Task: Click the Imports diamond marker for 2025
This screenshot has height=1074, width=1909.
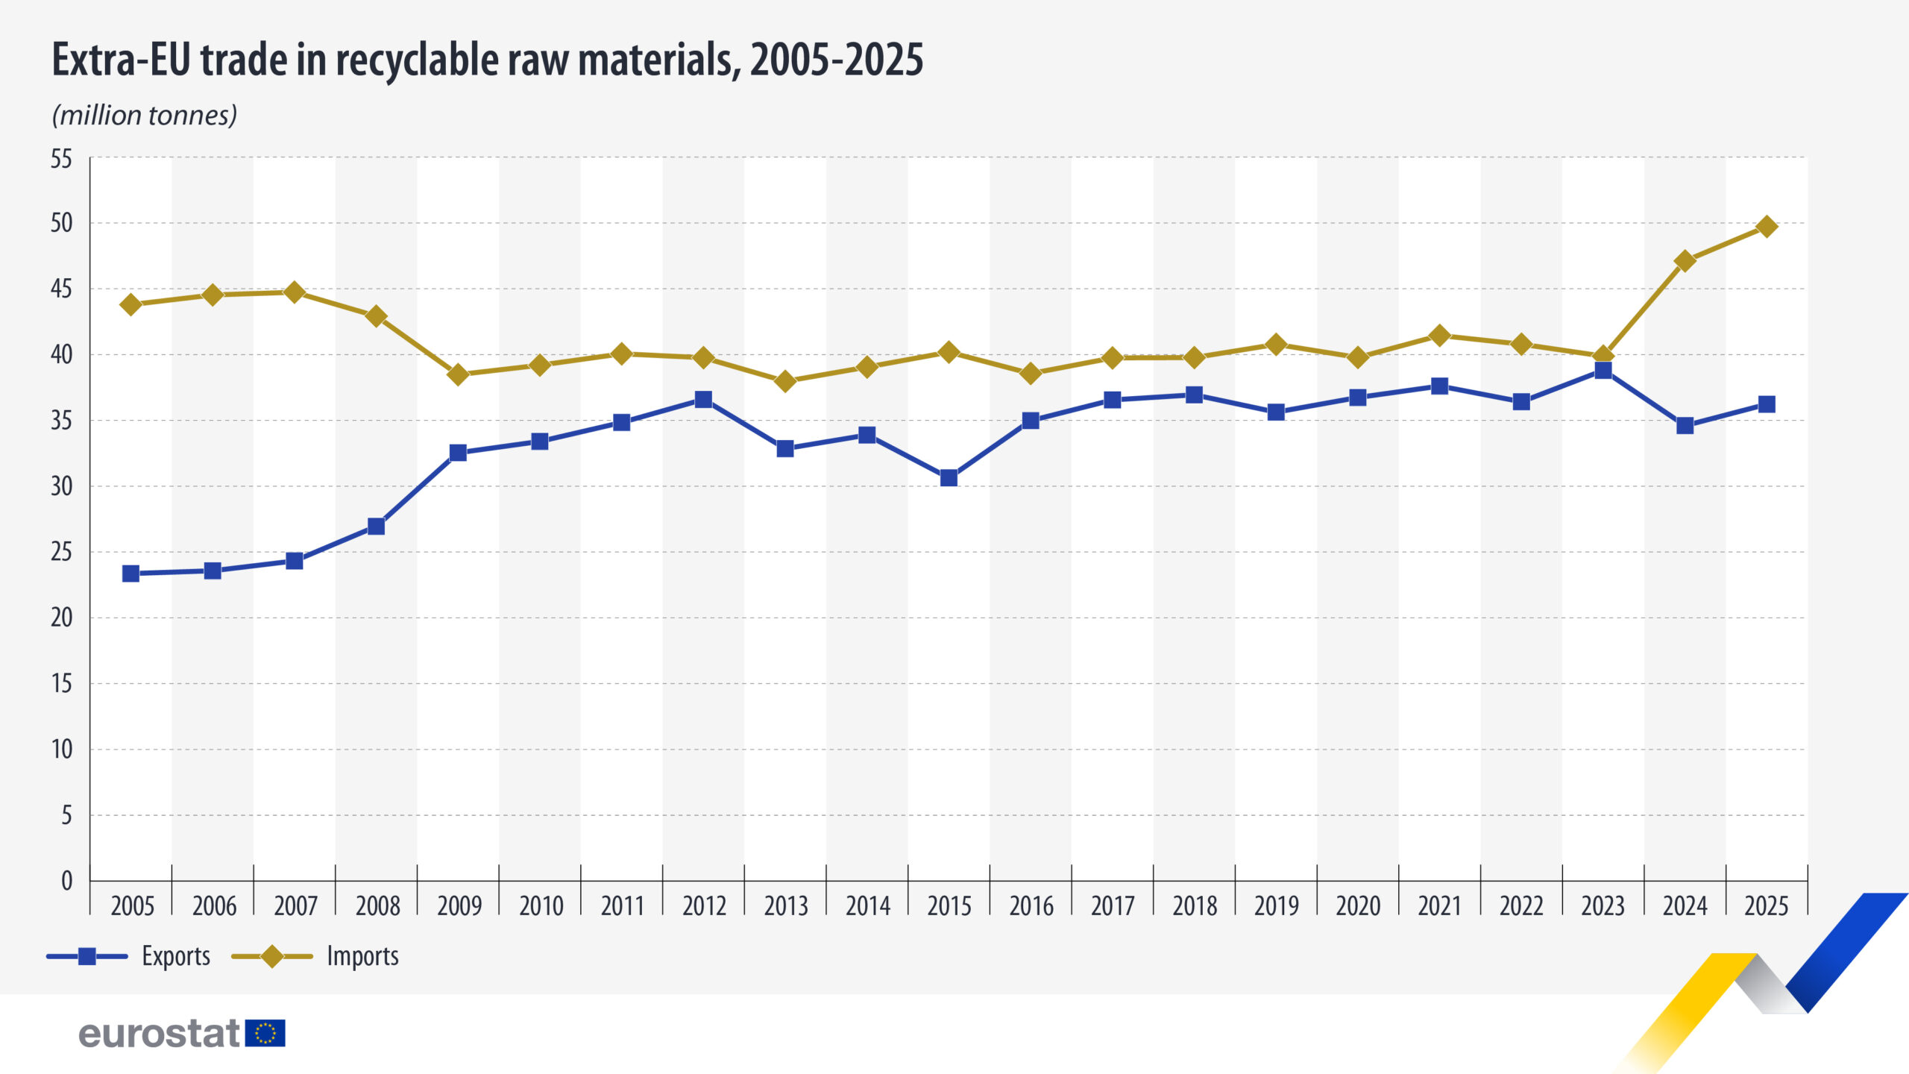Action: (1767, 226)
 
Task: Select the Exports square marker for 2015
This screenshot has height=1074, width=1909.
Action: (949, 477)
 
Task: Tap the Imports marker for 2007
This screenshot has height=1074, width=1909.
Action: (295, 292)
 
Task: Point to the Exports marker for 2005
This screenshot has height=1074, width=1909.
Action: (130, 574)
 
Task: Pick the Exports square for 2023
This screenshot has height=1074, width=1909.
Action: (1603, 370)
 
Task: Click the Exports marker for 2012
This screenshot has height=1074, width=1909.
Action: (703, 399)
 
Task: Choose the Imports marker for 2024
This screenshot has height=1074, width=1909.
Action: (1685, 261)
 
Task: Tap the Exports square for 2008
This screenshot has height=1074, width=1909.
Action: (376, 527)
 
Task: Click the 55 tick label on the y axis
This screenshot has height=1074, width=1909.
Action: (62, 158)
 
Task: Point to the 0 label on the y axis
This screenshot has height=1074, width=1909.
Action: (66, 881)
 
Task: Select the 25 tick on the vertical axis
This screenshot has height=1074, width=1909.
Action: (62, 552)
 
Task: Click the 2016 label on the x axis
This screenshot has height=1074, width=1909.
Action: (1031, 905)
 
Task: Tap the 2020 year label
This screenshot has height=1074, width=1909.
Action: (1358, 905)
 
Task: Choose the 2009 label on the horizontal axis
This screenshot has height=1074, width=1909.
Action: (459, 905)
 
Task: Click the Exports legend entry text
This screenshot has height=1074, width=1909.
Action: (176, 956)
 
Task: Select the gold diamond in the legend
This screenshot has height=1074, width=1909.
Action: (272, 956)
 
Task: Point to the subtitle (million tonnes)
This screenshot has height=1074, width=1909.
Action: (145, 115)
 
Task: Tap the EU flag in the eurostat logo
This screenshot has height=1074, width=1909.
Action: (265, 1033)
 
